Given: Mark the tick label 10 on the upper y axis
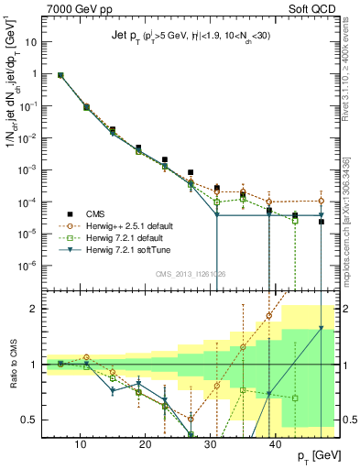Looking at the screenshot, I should pos(34,42).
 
